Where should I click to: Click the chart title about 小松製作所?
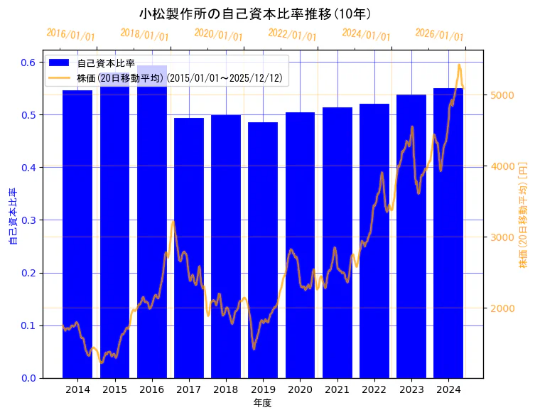pyautogui.click(x=255, y=14)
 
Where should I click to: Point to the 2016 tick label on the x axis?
pyautogui.click(x=151, y=389)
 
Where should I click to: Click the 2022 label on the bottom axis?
pyautogui.click(x=374, y=389)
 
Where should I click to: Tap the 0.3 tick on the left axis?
pyautogui.click(x=28, y=220)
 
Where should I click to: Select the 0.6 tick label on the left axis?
pyautogui.click(x=28, y=63)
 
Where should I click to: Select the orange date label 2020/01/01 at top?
pyautogui.click(x=218, y=34)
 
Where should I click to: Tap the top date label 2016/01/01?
pyautogui.click(x=70, y=34)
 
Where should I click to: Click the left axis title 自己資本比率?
pyautogui.click(x=12, y=217)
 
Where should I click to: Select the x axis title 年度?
pyautogui.click(x=263, y=403)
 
